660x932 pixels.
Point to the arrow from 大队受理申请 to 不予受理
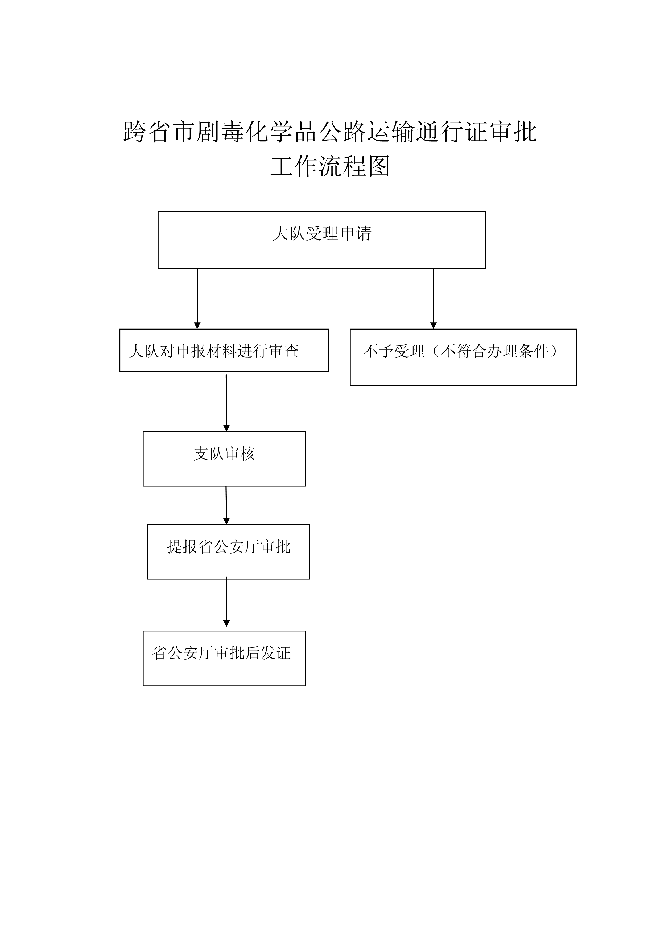point(433,299)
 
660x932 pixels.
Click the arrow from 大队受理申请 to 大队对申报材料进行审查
point(197,299)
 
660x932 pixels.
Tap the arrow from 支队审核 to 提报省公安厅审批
point(226,505)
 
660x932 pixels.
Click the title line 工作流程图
point(330,166)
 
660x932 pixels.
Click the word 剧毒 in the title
point(220,132)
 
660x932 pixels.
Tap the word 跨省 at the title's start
point(147,132)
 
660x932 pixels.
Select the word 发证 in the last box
point(275,653)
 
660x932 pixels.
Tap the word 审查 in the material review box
point(284,351)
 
